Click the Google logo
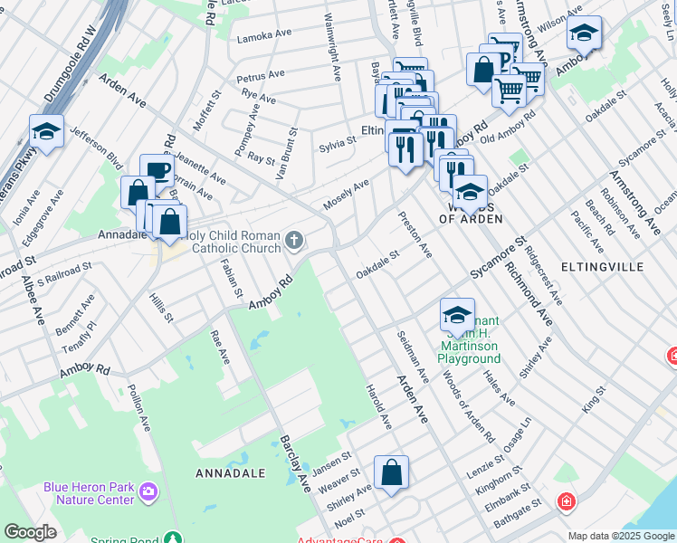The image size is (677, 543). click(29, 532)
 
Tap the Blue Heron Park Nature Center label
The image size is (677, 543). click(89, 492)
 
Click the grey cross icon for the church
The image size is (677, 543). click(293, 241)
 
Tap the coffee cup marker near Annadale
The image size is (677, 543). click(157, 171)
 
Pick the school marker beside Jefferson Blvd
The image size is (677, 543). click(46, 132)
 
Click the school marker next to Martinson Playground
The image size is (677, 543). click(457, 315)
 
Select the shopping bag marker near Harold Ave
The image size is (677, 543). click(391, 472)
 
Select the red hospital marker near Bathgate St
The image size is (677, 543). click(566, 500)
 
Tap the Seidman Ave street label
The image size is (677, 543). click(412, 355)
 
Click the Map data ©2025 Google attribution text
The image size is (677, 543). click(620, 536)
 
